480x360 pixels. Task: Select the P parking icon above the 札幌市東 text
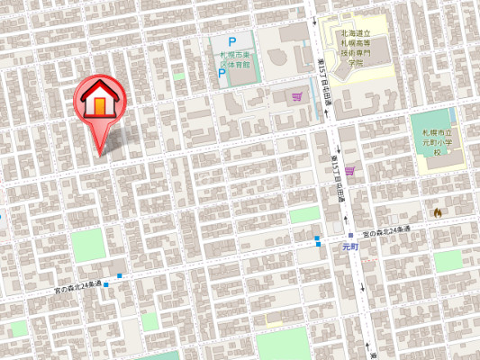tap(231, 41)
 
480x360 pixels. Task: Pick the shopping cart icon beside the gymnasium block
tap(297, 94)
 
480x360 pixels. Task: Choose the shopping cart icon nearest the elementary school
tap(349, 170)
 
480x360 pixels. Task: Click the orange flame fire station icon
tap(438, 212)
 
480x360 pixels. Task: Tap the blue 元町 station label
tap(350, 245)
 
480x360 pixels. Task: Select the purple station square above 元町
tap(350, 235)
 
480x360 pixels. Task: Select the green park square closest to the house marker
tap(89, 245)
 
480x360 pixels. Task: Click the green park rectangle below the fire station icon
tap(447, 261)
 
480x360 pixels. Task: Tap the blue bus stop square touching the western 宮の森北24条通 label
tap(106, 285)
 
